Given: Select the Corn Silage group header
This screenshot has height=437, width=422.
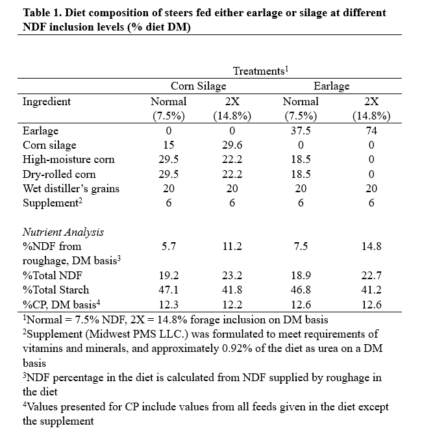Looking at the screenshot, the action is (198, 86).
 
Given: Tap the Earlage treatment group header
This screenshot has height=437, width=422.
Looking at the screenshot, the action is (331, 86).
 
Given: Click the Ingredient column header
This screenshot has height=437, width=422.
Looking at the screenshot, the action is (47, 101).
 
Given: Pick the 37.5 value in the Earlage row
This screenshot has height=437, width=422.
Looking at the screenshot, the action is (301, 131).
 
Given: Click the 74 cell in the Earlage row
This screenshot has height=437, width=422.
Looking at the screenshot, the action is (371, 131).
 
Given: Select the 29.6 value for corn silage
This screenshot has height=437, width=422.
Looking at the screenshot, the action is (232, 145).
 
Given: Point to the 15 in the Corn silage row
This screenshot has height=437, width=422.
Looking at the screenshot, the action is (169, 145).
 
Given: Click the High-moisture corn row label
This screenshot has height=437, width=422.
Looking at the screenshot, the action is (69, 160).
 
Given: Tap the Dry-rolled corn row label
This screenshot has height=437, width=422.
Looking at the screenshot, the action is (59, 174).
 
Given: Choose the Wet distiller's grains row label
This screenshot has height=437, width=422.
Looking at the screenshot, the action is (71, 189).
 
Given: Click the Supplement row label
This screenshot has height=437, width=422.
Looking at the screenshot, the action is (53, 203).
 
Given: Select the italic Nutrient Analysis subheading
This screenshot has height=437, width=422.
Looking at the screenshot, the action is (63, 232).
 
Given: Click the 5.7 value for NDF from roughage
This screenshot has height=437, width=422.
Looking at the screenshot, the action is (169, 246).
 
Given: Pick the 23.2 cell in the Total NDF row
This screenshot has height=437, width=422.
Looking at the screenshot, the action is (232, 275).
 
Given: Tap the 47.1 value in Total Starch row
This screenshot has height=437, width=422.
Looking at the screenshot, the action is (169, 290).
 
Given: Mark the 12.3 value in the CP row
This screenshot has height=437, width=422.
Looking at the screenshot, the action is (169, 305).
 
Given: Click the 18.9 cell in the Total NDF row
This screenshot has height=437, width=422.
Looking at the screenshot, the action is (301, 275).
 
